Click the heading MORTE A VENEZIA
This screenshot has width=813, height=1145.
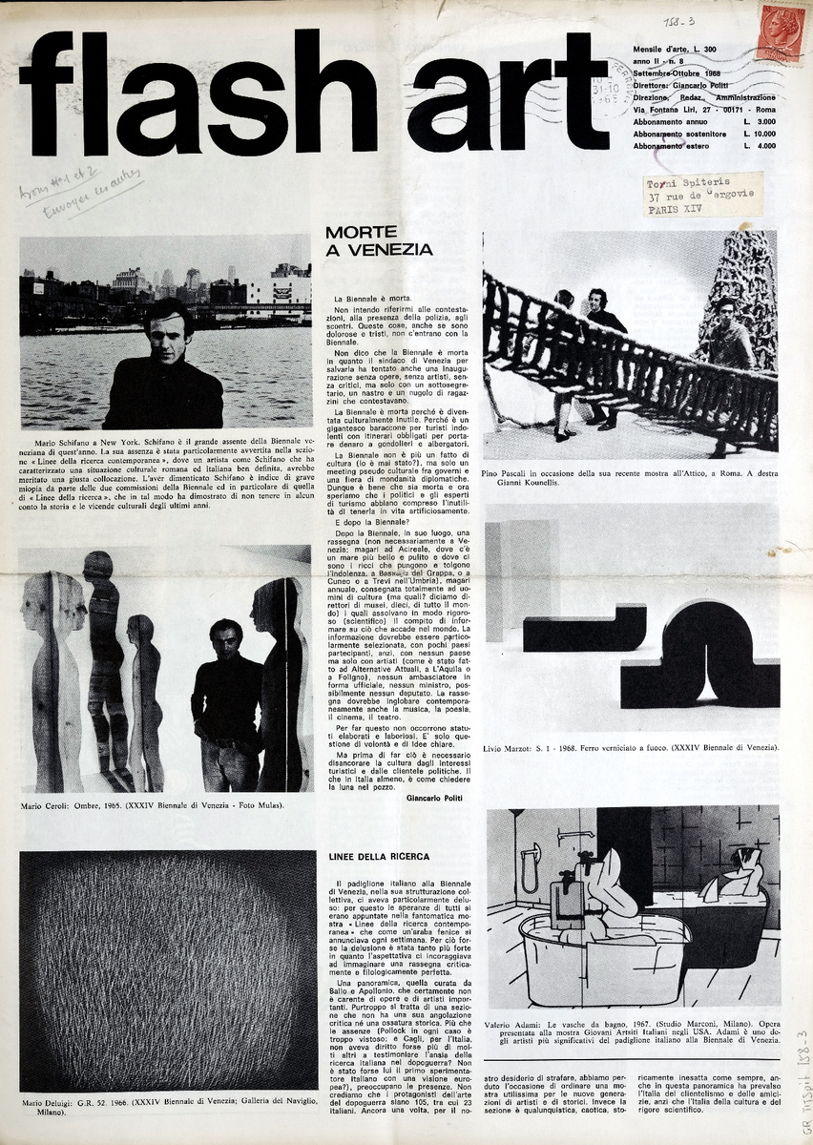click(378, 240)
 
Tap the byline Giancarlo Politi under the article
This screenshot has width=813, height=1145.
click(433, 798)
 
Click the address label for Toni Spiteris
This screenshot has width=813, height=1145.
click(702, 195)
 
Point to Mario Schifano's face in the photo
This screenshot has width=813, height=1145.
click(167, 334)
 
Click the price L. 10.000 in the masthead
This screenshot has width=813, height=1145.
click(760, 135)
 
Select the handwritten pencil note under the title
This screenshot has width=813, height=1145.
click(80, 193)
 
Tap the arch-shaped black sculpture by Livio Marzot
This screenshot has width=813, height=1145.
click(694, 654)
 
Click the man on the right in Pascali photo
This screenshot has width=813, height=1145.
click(729, 334)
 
